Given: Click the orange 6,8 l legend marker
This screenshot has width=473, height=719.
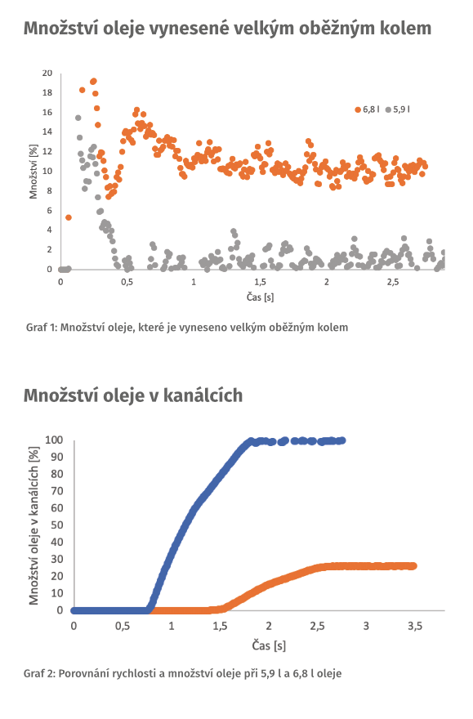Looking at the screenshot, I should [358, 109].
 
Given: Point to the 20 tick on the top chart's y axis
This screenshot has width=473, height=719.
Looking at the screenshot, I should [47, 74].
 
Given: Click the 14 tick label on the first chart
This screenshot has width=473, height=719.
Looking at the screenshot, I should [47, 132].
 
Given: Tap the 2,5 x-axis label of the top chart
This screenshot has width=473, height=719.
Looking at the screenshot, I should [393, 282].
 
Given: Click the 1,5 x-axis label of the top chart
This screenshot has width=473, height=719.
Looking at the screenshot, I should [260, 282].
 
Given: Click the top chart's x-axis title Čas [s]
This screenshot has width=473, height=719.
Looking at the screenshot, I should [259, 298].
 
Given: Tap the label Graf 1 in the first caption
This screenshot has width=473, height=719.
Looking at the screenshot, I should [41, 328].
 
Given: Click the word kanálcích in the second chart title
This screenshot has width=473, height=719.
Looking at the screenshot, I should [201, 396].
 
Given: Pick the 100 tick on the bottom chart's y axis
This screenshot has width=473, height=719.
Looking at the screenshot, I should [55, 440].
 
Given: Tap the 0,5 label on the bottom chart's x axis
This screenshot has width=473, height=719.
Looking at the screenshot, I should [123, 626].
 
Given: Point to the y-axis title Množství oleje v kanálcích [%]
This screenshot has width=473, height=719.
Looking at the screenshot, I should [35, 525].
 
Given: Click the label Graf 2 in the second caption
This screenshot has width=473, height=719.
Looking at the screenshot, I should [42, 674].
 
